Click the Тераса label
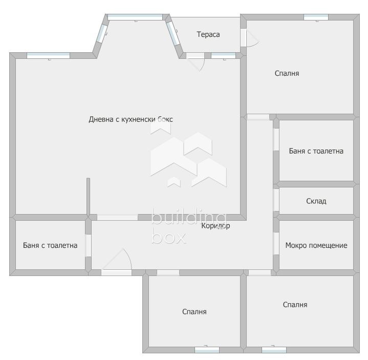(208, 34)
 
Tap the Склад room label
(316, 201)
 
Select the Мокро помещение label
(316, 245)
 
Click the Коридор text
(215, 226)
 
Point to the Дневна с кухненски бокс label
(131, 119)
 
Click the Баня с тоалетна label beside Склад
(316, 151)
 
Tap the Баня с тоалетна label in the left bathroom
(50, 245)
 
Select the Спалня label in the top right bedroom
(287, 73)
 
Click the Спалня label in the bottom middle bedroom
(194, 311)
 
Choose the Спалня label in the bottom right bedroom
(295, 305)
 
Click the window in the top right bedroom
(316, 17)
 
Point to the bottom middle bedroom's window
(207, 350)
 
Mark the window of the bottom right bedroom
(274, 350)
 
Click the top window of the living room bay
(135, 17)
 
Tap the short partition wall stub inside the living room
(88, 197)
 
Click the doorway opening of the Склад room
(276, 200)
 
